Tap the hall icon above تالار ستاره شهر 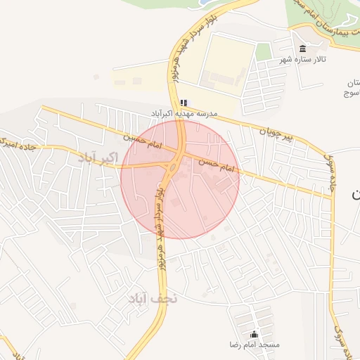302,49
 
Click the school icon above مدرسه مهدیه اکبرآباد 184,103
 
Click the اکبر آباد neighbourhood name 98,157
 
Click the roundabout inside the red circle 173,167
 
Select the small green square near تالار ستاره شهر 263,51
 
